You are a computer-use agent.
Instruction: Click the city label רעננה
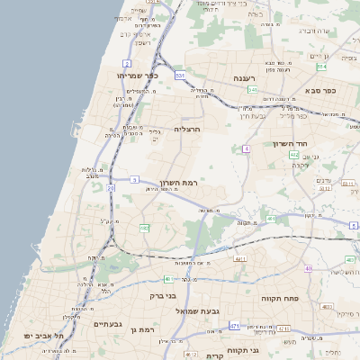[x=246, y=78]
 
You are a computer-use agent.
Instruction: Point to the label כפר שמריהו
[x=138, y=76]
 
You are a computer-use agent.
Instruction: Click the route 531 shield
[x=180, y=76]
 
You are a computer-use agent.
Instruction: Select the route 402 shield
[x=294, y=155]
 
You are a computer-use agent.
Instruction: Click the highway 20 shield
[x=111, y=189]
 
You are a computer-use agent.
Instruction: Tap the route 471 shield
[x=234, y=326]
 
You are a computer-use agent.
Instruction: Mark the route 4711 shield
[x=283, y=328]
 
